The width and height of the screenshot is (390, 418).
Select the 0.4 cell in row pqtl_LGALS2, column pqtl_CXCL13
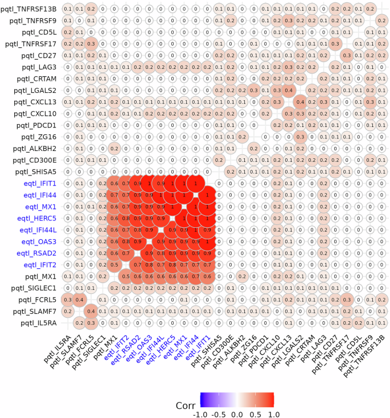click(289, 90)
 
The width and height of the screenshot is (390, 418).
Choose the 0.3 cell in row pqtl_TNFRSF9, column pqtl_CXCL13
click(289, 21)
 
